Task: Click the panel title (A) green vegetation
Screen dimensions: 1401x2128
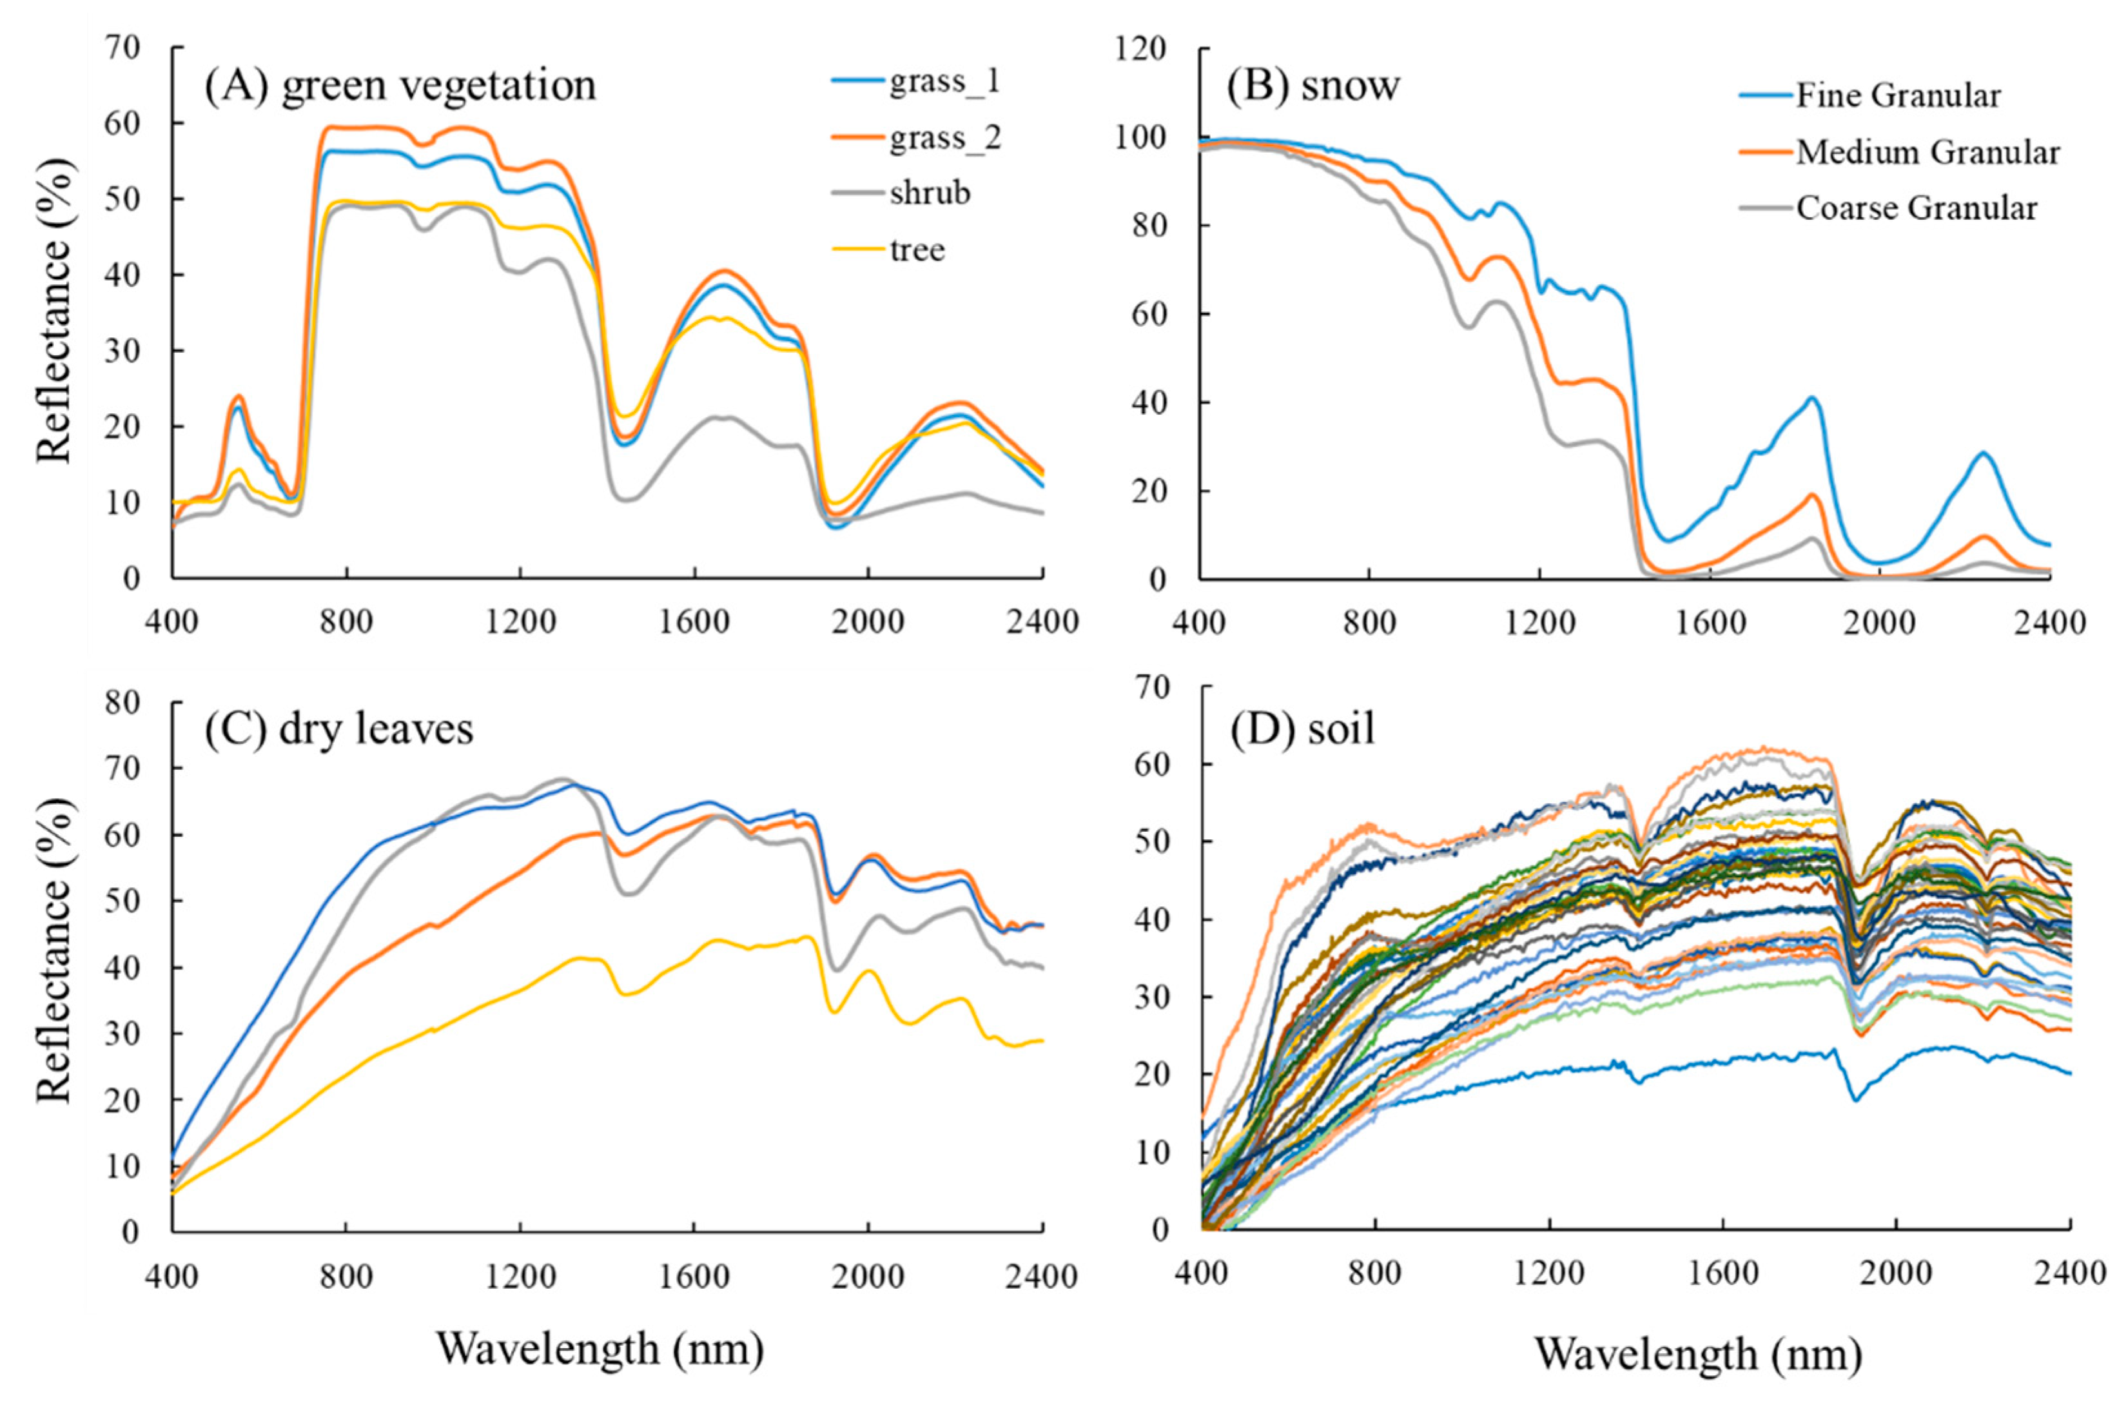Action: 400,86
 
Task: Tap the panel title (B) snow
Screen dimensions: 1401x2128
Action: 1313,86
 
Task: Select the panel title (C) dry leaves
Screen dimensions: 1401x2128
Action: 339,729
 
